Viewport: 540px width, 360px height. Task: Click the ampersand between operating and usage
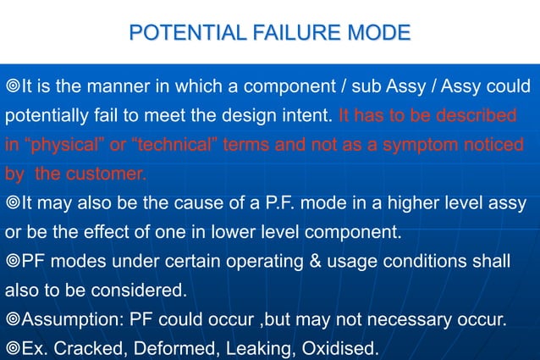315,260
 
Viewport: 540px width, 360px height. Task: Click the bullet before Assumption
13,319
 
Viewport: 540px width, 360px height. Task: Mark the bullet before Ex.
13,348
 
